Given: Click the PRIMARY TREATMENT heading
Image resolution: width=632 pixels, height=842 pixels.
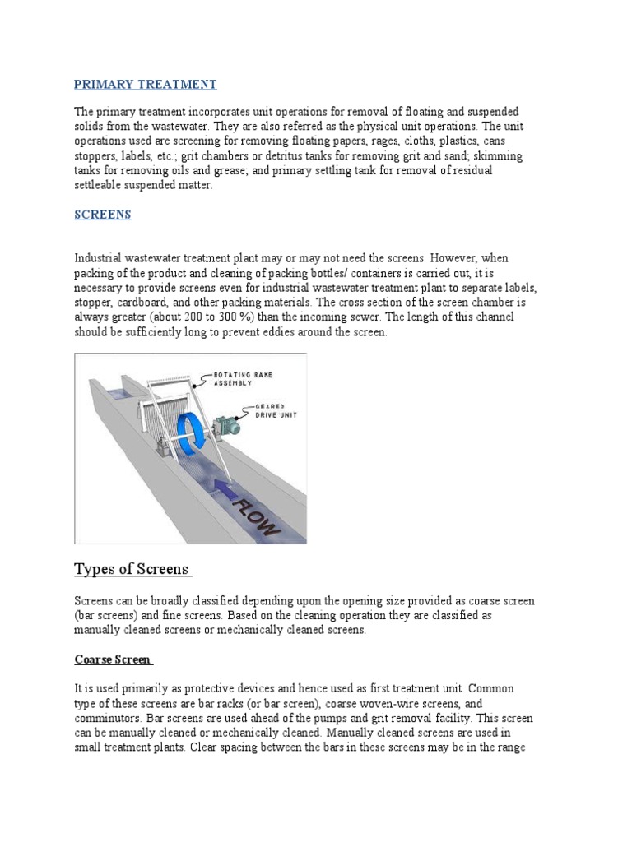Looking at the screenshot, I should [145, 84].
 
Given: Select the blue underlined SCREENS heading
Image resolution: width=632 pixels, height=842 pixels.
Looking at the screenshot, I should [102, 214].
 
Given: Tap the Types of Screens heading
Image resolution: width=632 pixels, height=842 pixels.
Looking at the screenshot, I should [132, 569].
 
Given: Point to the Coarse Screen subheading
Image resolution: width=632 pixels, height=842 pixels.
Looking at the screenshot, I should [113, 659].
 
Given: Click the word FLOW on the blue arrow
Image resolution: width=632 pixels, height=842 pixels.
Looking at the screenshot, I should [257, 512].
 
